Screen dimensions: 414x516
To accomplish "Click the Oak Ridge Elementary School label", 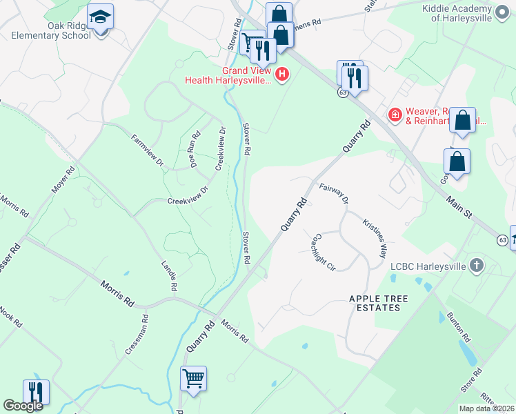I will pyautogui.click(x=50, y=30).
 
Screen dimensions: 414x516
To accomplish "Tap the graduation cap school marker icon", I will pyautogui.click(x=101, y=17).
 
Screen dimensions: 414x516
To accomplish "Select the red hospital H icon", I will pyautogui.click(x=281, y=74).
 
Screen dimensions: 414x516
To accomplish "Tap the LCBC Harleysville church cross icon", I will pyautogui.click(x=476, y=266).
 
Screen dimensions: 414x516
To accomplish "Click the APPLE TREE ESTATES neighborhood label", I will pyautogui.click(x=379, y=303).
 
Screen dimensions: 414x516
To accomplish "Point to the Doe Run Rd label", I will pyautogui.click(x=195, y=149).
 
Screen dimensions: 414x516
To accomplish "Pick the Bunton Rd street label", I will pyautogui.click(x=463, y=328).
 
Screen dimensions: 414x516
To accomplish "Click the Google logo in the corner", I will pyautogui.click(x=23, y=406).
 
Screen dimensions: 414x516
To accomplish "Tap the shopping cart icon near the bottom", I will pyautogui.click(x=194, y=377).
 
